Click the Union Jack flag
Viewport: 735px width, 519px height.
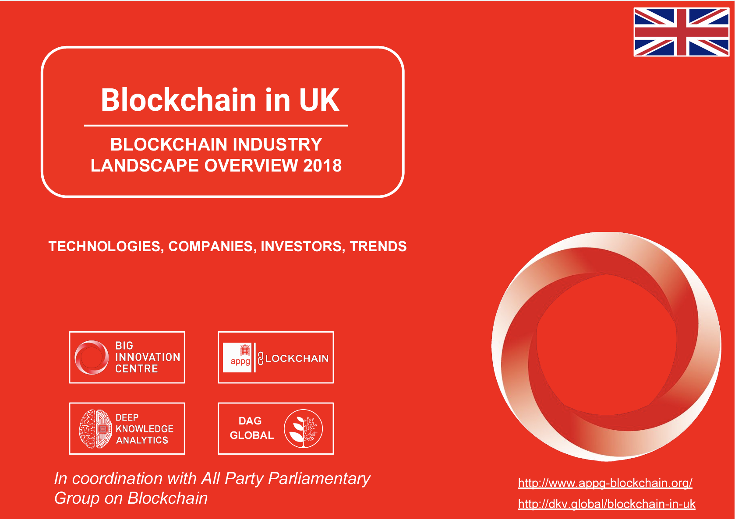point(682,32)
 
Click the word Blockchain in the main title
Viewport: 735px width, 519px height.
point(179,100)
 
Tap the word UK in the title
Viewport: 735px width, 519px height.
point(319,100)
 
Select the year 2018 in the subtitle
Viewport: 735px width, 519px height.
point(322,165)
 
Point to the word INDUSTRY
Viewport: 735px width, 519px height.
point(277,144)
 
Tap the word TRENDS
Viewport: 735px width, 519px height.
point(378,246)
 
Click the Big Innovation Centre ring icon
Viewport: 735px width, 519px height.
point(92,358)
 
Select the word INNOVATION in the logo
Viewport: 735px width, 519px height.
point(148,357)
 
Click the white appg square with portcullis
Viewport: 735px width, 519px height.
point(237,358)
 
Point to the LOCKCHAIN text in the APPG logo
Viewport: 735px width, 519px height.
point(297,358)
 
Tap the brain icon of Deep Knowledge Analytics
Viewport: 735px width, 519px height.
point(95,429)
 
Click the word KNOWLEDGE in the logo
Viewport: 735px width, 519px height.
point(145,429)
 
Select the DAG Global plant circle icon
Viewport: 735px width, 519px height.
point(303,428)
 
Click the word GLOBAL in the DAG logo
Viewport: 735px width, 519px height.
point(252,435)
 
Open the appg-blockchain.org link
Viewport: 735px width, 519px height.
point(605,483)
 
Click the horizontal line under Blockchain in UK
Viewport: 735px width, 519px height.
point(216,126)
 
